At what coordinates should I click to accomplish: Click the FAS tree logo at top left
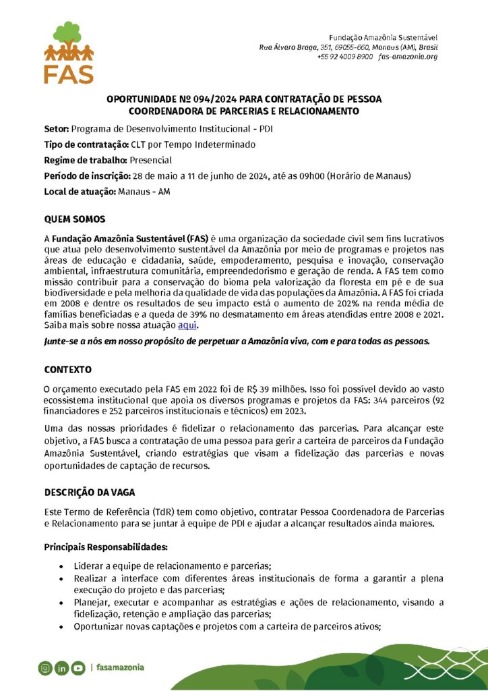[x=69, y=52]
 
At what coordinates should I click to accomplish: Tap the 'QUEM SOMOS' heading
[x=74, y=220]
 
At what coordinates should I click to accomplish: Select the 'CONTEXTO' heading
[x=68, y=370]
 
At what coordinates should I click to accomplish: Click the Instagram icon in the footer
[x=45, y=668]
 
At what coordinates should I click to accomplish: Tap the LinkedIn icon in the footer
[x=61, y=668]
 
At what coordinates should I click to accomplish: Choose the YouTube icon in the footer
[x=78, y=668]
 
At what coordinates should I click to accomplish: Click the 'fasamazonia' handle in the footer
[x=120, y=668]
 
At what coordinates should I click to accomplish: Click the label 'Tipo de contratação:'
[x=82, y=144]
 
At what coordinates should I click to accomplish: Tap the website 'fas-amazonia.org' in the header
[x=408, y=57]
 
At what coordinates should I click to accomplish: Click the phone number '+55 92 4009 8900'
[x=344, y=57]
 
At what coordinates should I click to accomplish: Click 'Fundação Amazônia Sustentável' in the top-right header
[x=383, y=36]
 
